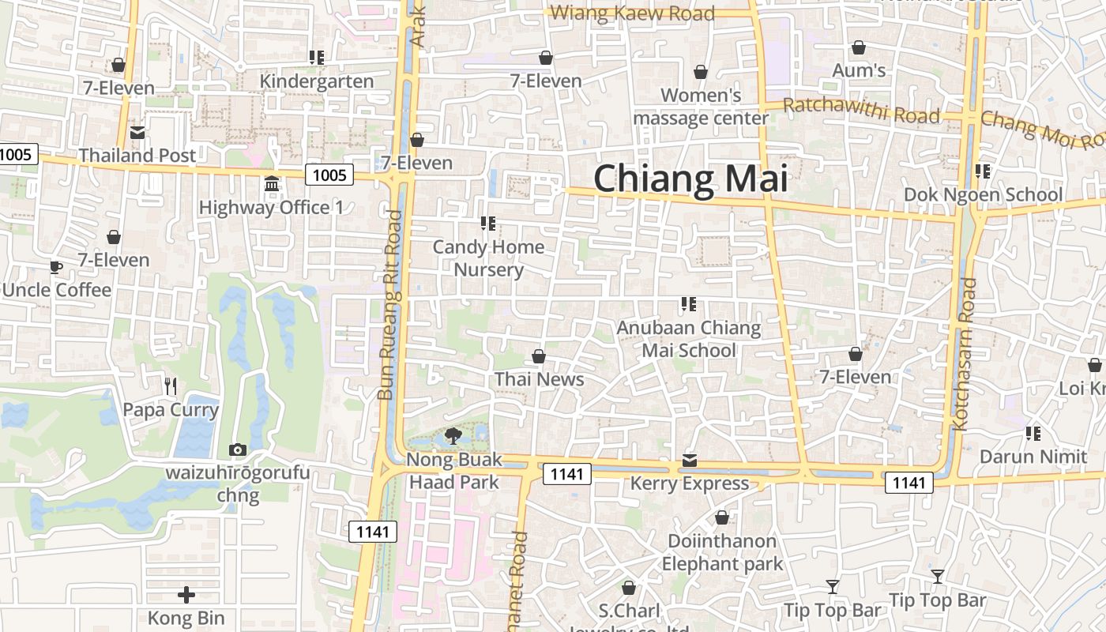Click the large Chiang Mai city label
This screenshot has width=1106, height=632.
(x=690, y=179)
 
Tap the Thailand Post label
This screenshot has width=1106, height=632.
(x=137, y=156)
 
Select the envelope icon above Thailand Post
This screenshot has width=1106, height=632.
(x=137, y=133)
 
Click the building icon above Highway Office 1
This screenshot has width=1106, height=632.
(x=272, y=184)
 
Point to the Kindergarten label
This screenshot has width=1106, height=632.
(x=317, y=81)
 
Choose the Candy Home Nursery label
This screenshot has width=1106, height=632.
(x=488, y=258)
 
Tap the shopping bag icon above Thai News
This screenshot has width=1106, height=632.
(x=539, y=356)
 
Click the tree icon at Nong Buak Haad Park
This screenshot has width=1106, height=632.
(x=453, y=434)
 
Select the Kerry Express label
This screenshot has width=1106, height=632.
(x=690, y=483)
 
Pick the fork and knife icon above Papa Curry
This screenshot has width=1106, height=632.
(x=171, y=386)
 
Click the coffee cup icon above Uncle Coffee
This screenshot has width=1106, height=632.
(x=56, y=267)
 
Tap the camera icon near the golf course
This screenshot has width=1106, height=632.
(x=237, y=450)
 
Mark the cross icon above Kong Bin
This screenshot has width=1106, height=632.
(x=186, y=594)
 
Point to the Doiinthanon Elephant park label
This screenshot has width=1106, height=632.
(x=722, y=552)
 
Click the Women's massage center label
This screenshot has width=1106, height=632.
(x=701, y=107)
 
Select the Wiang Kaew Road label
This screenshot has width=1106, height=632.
(x=632, y=13)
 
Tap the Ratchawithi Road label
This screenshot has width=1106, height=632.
(x=861, y=111)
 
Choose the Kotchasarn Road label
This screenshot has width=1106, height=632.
(x=963, y=353)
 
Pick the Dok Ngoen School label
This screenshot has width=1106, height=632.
(x=983, y=194)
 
